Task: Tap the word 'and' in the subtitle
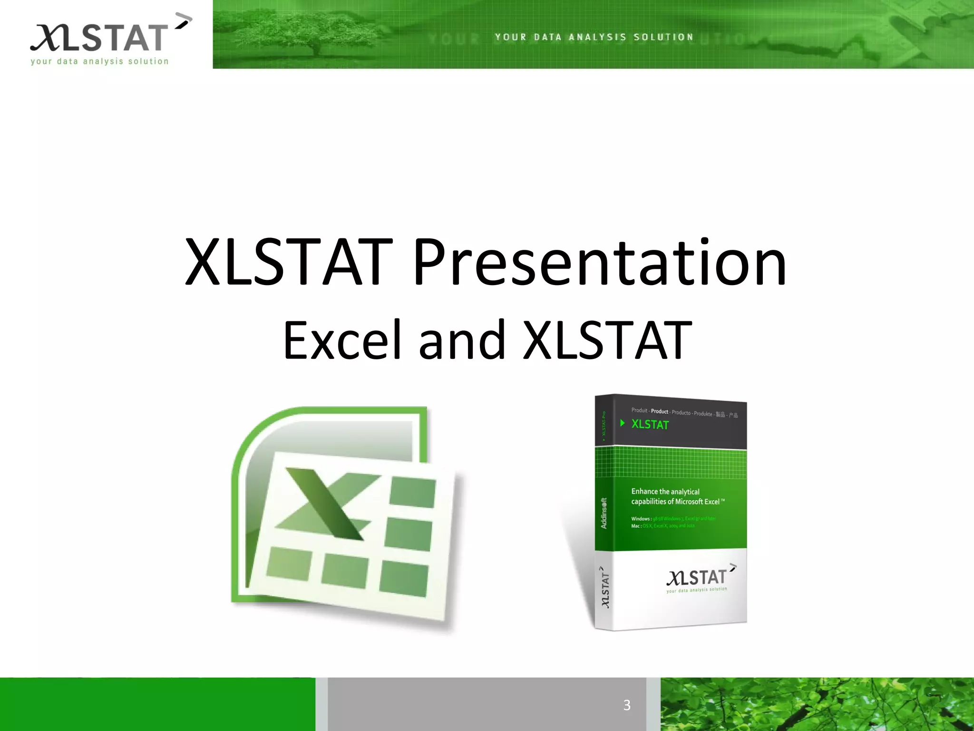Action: click(x=462, y=340)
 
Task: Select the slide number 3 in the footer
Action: click(x=626, y=705)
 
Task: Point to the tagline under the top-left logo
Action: click(x=99, y=61)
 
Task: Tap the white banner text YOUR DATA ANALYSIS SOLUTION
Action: click(x=594, y=37)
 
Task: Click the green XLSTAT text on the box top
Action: click(x=650, y=425)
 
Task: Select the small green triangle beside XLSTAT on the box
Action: click(x=622, y=423)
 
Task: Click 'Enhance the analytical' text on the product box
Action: click(x=665, y=492)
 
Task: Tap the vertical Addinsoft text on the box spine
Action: click(x=604, y=513)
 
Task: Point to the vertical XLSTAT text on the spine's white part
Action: click(x=605, y=587)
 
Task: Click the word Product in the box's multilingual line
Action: click(x=659, y=411)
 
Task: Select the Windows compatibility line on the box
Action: click(x=673, y=519)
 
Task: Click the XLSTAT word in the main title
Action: click(x=289, y=263)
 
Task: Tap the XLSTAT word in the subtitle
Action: click(x=607, y=340)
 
